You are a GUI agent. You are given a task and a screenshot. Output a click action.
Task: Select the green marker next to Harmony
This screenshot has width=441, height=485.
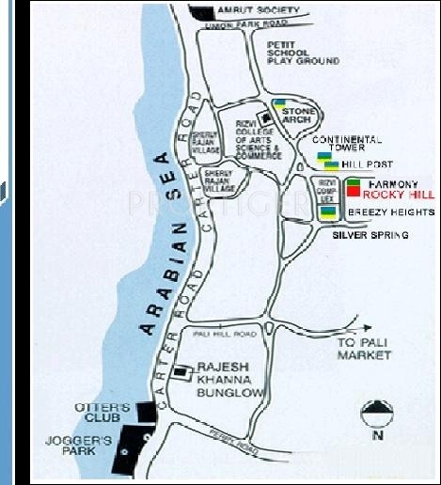tap(354, 181)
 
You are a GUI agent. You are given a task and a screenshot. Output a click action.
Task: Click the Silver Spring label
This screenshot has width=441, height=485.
tap(370, 236)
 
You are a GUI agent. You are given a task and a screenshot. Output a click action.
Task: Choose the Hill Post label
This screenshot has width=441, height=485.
tap(365, 164)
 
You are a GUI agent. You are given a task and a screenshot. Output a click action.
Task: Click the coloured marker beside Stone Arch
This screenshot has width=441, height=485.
tap(279, 104)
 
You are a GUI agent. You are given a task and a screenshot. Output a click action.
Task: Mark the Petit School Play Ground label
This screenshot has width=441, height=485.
tap(303, 52)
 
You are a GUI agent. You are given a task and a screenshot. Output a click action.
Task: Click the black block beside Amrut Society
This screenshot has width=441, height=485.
tap(202, 11)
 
